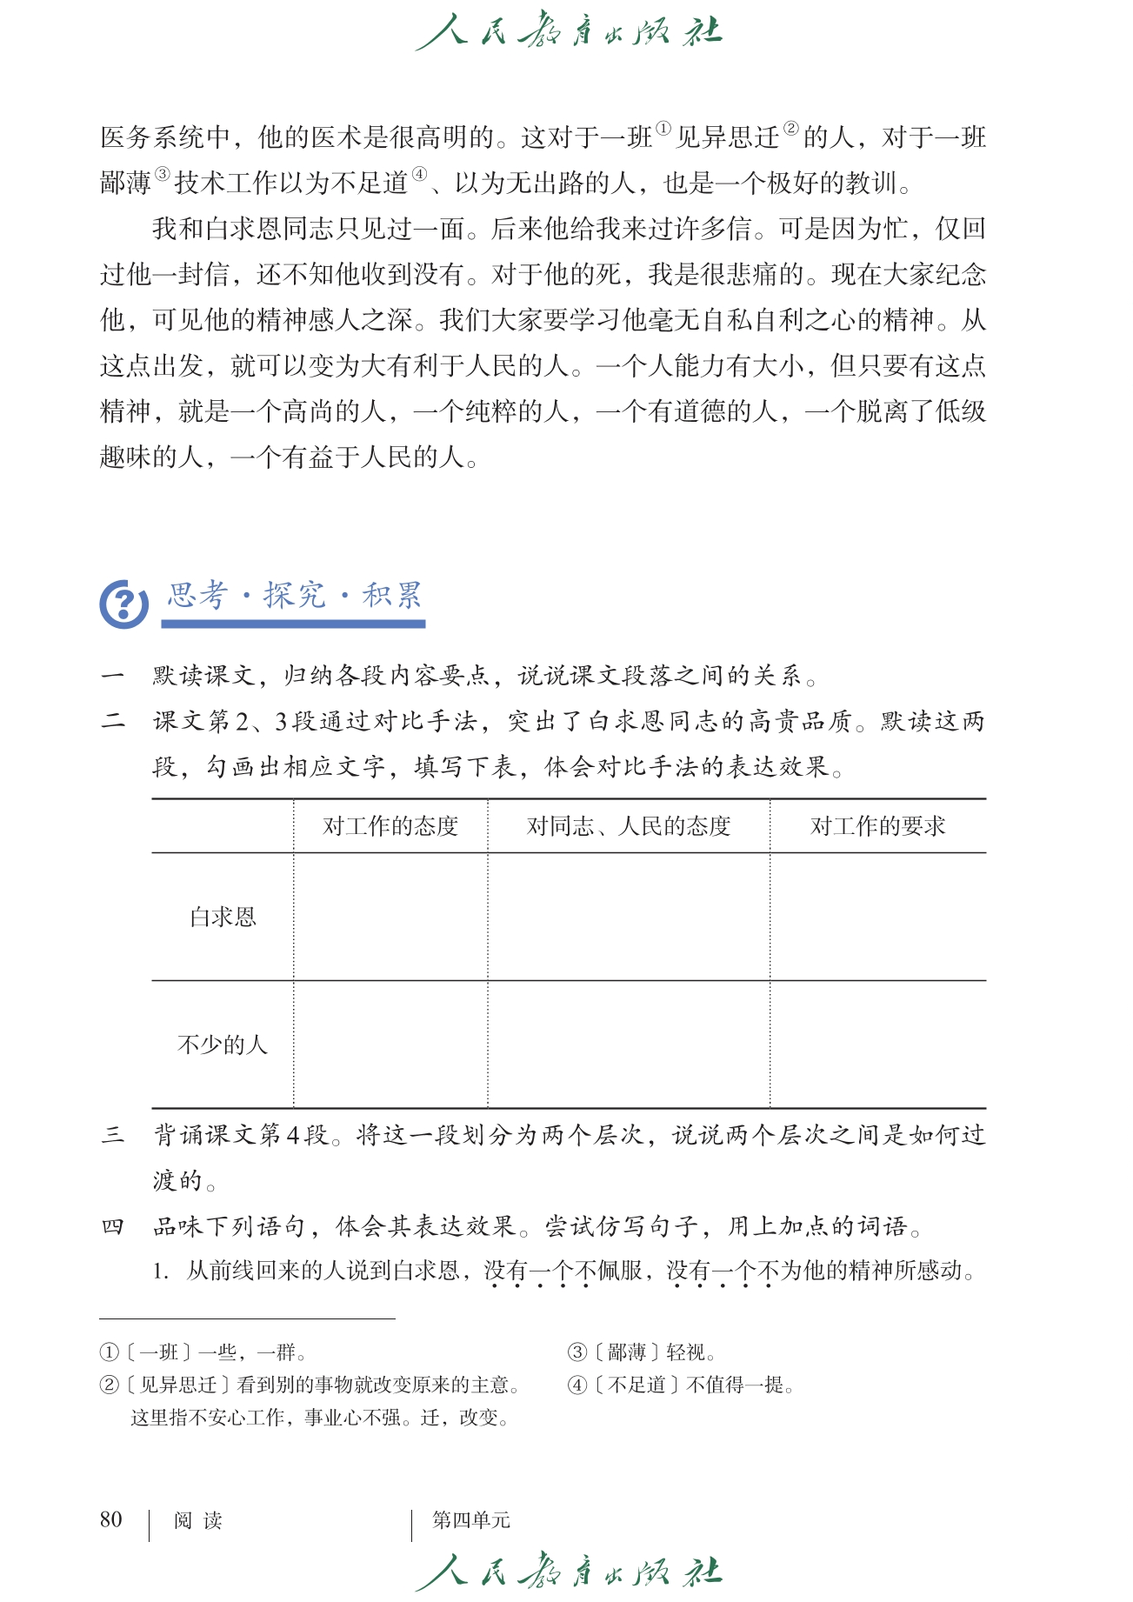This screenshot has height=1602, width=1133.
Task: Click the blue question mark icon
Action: (123, 604)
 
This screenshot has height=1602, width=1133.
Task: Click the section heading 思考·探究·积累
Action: (294, 596)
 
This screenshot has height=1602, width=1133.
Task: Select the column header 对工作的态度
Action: (390, 826)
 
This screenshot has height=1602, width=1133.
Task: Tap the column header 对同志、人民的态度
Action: (629, 826)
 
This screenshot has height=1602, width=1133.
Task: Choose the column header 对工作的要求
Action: (877, 826)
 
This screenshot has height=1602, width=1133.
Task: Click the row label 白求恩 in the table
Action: (223, 918)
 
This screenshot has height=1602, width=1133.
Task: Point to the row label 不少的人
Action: (223, 1045)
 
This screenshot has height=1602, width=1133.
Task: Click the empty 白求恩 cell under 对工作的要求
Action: (877, 918)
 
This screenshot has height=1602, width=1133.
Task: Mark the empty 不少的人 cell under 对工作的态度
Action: (390, 1045)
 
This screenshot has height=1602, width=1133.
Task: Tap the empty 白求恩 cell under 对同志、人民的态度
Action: (629, 918)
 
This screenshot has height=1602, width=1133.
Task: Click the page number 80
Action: (111, 1519)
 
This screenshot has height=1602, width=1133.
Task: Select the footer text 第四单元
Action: (471, 1520)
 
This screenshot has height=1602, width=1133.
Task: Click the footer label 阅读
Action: (198, 1520)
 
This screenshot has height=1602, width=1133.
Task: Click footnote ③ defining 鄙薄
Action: (642, 1352)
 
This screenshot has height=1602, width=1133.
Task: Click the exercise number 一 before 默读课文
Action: (113, 676)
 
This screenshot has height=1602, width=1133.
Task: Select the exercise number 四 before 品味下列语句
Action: (113, 1227)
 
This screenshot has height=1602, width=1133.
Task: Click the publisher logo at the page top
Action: (569, 32)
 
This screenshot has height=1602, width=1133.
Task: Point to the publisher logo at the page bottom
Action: (569, 1572)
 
